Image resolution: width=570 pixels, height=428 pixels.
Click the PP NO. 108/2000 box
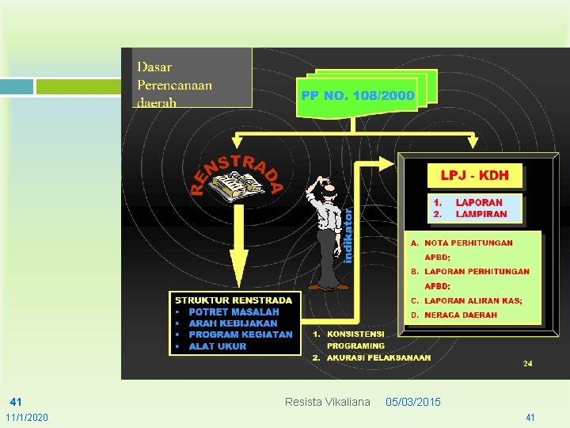click(x=357, y=96)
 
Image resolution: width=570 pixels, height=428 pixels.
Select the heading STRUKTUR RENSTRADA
click(x=234, y=300)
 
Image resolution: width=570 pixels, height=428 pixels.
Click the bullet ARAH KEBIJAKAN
click(x=233, y=323)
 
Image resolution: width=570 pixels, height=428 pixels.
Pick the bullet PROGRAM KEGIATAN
click(x=240, y=334)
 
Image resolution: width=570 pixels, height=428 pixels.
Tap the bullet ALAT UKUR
click(x=217, y=346)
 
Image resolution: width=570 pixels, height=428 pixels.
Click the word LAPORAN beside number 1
click(x=479, y=203)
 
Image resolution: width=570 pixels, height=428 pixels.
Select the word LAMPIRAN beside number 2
click(x=481, y=214)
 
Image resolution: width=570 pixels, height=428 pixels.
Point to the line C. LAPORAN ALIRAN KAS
click(x=473, y=300)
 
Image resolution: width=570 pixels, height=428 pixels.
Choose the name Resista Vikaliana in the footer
click(x=327, y=402)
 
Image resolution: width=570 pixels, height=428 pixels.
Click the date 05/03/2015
click(x=413, y=402)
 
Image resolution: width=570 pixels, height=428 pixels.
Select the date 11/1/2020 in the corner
click(x=27, y=417)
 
